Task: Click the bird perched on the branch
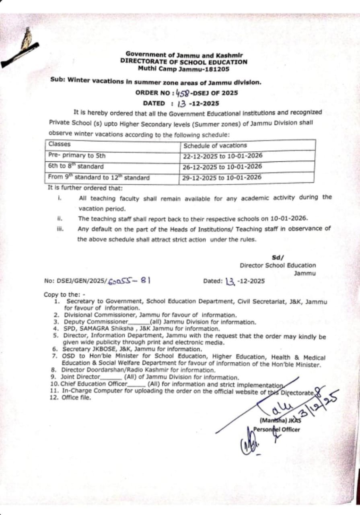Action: pos(27,39)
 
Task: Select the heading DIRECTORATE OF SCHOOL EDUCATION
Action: pos(184,62)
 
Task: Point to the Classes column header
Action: pos(60,144)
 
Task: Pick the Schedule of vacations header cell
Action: pos(215,146)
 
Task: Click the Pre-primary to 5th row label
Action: pos(76,155)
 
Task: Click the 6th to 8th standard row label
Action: pos(76,166)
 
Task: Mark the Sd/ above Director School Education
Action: pos(278,257)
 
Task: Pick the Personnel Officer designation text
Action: pos(277,429)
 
